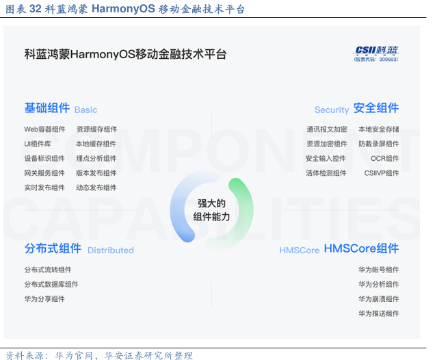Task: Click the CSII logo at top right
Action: click(x=376, y=53)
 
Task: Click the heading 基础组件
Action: click(x=47, y=108)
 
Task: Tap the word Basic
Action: click(x=86, y=110)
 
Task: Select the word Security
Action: click(x=332, y=110)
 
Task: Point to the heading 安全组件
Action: click(x=376, y=108)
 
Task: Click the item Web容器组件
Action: click(x=44, y=129)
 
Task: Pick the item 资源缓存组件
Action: click(x=96, y=129)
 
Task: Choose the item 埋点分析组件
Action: click(x=96, y=159)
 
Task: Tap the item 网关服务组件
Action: click(x=44, y=173)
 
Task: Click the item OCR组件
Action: click(x=384, y=159)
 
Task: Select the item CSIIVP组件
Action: click(x=382, y=173)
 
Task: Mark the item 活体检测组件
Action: click(x=326, y=173)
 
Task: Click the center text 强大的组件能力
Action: click(x=211, y=210)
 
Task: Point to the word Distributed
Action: click(x=111, y=250)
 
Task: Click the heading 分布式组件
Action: click(x=53, y=248)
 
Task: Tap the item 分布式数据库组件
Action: click(x=51, y=285)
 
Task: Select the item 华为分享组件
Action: click(x=44, y=299)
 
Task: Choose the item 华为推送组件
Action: click(x=378, y=313)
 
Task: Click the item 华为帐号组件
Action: click(x=378, y=270)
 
